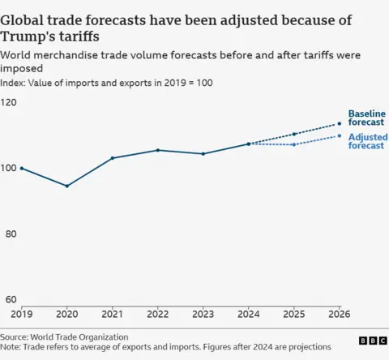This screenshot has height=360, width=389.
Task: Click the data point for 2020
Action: [67, 186]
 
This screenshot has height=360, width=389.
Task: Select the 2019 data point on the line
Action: [22, 168]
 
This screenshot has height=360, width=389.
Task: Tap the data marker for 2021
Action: [113, 158]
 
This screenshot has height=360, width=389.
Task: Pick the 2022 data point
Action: [158, 150]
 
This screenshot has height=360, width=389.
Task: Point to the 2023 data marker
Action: [203, 153]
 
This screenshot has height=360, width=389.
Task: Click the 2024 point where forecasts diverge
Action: [249, 144]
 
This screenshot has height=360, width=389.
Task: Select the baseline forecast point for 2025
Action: [294, 134]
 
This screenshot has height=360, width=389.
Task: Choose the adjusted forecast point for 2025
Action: [294, 144]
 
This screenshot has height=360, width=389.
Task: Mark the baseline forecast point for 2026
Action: [339, 124]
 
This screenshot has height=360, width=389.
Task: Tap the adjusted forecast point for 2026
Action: [339, 135]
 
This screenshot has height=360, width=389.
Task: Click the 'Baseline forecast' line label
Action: [366, 118]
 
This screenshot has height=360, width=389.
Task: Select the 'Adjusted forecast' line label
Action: [366, 141]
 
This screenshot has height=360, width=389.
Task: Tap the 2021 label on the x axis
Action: [113, 313]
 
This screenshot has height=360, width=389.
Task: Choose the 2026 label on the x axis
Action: [339, 313]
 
